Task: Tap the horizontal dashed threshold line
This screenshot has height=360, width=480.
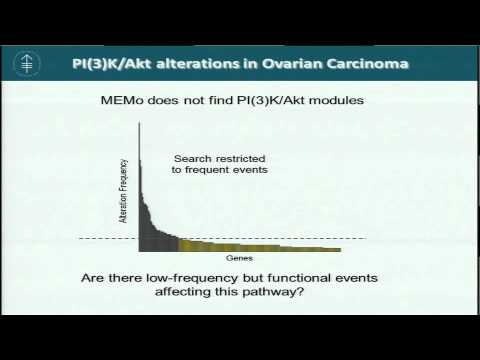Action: (x=330, y=238)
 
